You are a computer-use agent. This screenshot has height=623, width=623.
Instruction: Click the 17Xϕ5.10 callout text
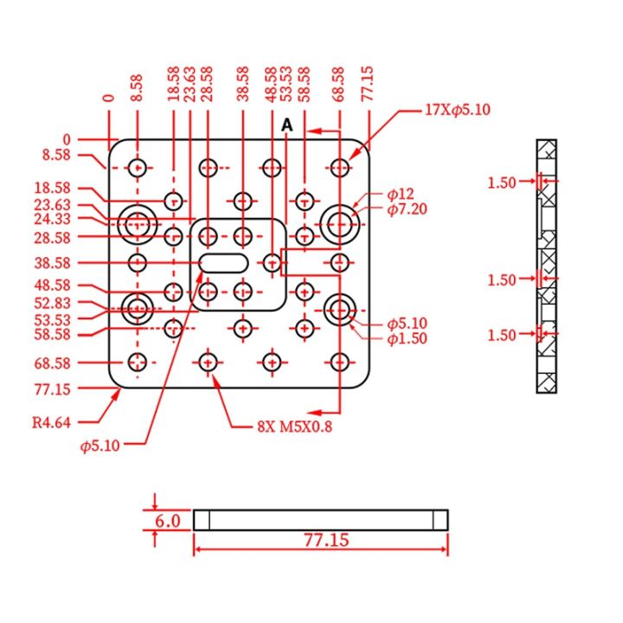click(x=457, y=110)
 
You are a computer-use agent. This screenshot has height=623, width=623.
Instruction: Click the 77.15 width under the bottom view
click(x=326, y=540)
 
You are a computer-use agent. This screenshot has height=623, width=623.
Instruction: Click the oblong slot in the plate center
click(x=224, y=262)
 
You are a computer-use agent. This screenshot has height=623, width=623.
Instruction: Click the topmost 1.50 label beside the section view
click(x=502, y=182)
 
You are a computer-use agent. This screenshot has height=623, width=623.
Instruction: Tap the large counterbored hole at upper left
click(x=137, y=224)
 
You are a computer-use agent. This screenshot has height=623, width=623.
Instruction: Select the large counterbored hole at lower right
click(x=340, y=308)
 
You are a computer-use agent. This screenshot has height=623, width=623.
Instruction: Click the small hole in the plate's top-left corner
click(x=137, y=167)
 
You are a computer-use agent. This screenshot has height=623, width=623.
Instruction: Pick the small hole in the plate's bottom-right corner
click(x=340, y=362)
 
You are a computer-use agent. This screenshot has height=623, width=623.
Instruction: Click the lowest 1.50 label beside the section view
click(x=502, y=335)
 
